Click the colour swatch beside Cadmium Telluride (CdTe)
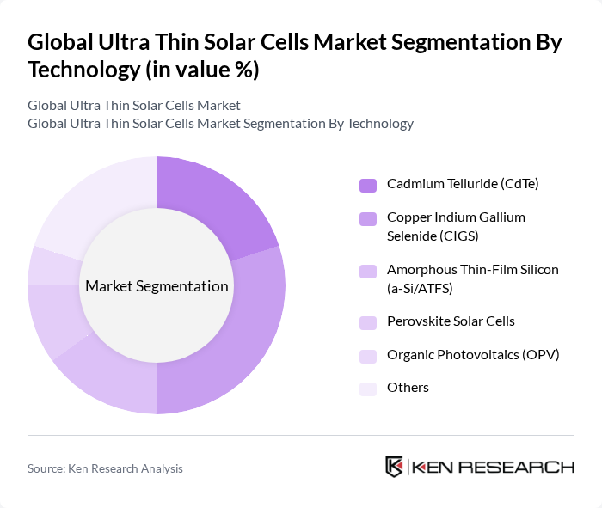tap(368, 185)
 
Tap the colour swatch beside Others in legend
tap(368, 389)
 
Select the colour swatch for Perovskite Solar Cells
tap(368, 322)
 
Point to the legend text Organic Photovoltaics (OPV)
tap(473, 354)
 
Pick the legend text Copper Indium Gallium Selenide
tap(456, 226)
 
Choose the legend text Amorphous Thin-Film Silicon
tap(472, 278)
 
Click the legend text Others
tap(408, 388)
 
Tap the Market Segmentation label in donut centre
tap(156, 286)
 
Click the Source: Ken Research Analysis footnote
tap(105, 468)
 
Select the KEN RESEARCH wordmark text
tap(494, 468)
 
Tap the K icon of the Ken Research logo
tap(395, 467)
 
